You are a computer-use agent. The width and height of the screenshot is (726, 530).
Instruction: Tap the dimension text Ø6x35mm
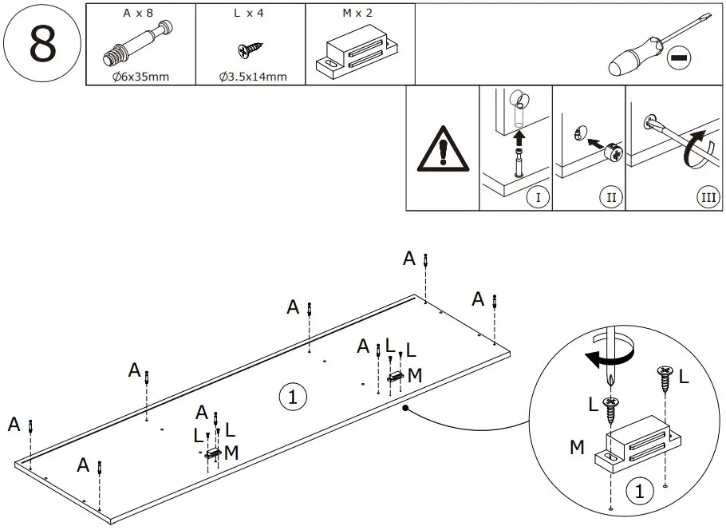[140, 77]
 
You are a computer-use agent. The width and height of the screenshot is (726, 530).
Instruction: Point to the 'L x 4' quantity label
[250, 14]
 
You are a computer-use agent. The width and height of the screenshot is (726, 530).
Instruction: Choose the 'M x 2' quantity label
[358, 14]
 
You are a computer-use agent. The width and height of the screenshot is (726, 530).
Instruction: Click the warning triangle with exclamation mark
[442, 150]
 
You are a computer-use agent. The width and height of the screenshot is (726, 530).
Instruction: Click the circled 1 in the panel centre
[292, 396]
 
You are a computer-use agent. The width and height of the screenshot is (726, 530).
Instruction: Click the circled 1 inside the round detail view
[637, 492]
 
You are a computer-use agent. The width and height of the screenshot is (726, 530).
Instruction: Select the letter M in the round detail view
[577, 448]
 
